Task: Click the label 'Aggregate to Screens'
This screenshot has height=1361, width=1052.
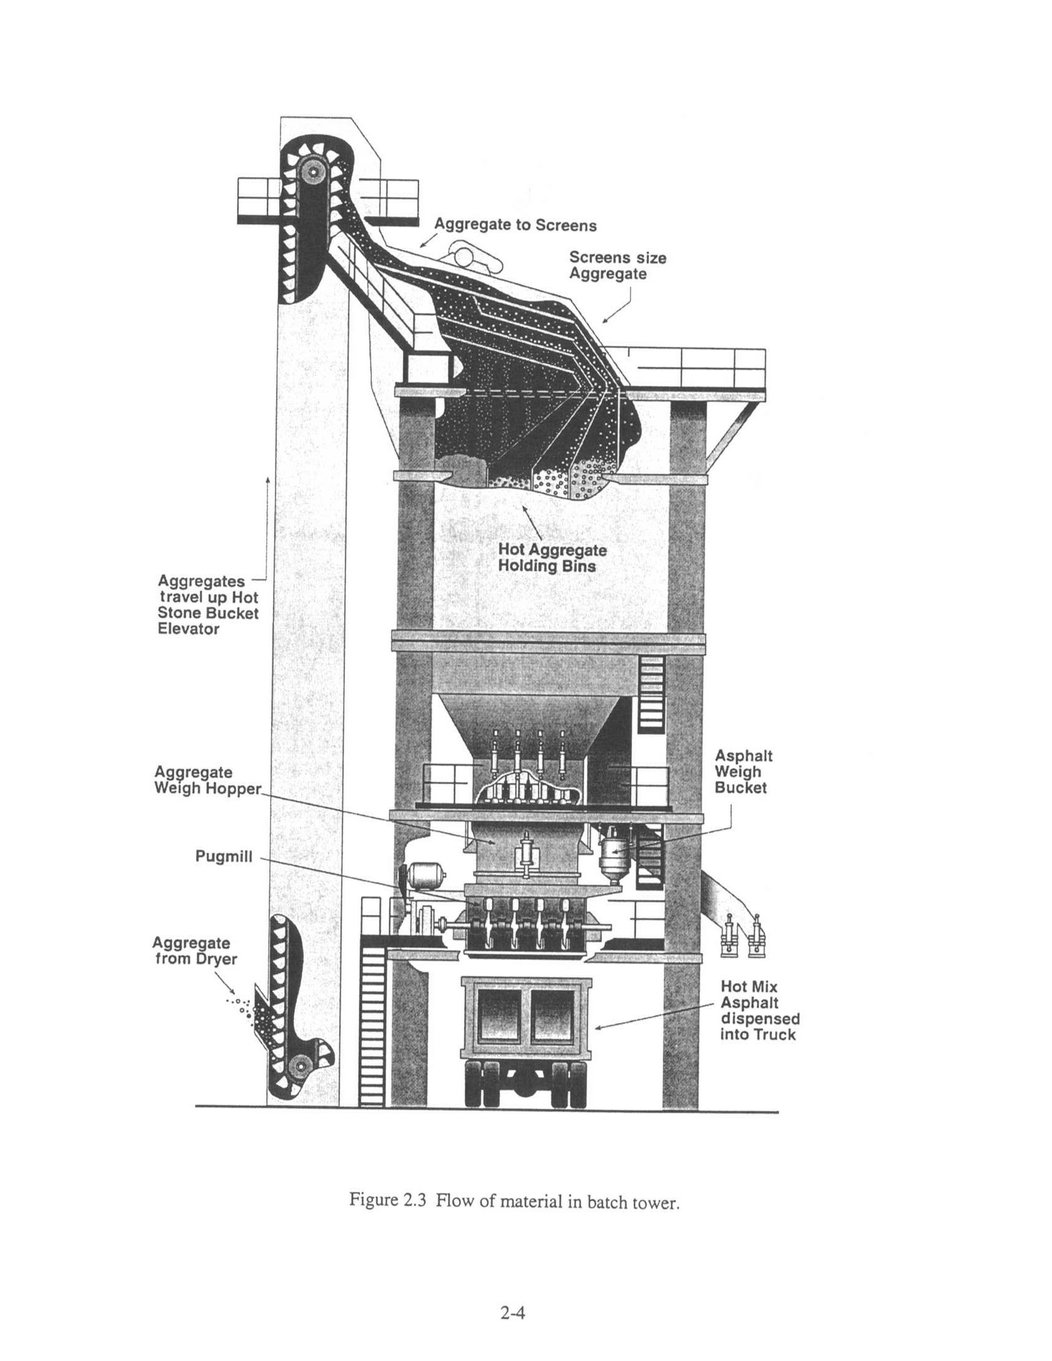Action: (515, 225)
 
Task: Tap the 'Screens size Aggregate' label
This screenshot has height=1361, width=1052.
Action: (617, 265)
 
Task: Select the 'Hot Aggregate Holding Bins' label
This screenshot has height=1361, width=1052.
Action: (551, 558)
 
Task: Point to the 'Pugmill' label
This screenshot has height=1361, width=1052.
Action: (224, 856)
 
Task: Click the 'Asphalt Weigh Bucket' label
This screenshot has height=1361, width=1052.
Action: (743, 771)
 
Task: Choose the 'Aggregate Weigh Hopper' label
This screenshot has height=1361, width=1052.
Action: (207, 780)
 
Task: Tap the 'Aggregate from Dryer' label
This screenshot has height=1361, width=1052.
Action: (196, 951)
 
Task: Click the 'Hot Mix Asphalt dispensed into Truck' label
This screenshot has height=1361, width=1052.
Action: (760, 1010)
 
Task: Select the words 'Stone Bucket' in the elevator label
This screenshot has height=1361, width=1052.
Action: (208, 612)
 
